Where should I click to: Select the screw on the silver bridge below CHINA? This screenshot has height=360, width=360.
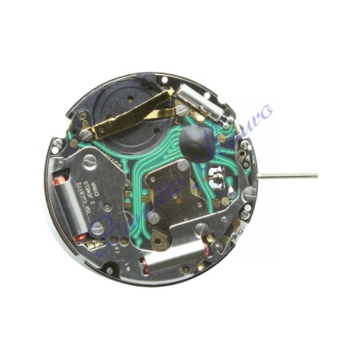98,229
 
